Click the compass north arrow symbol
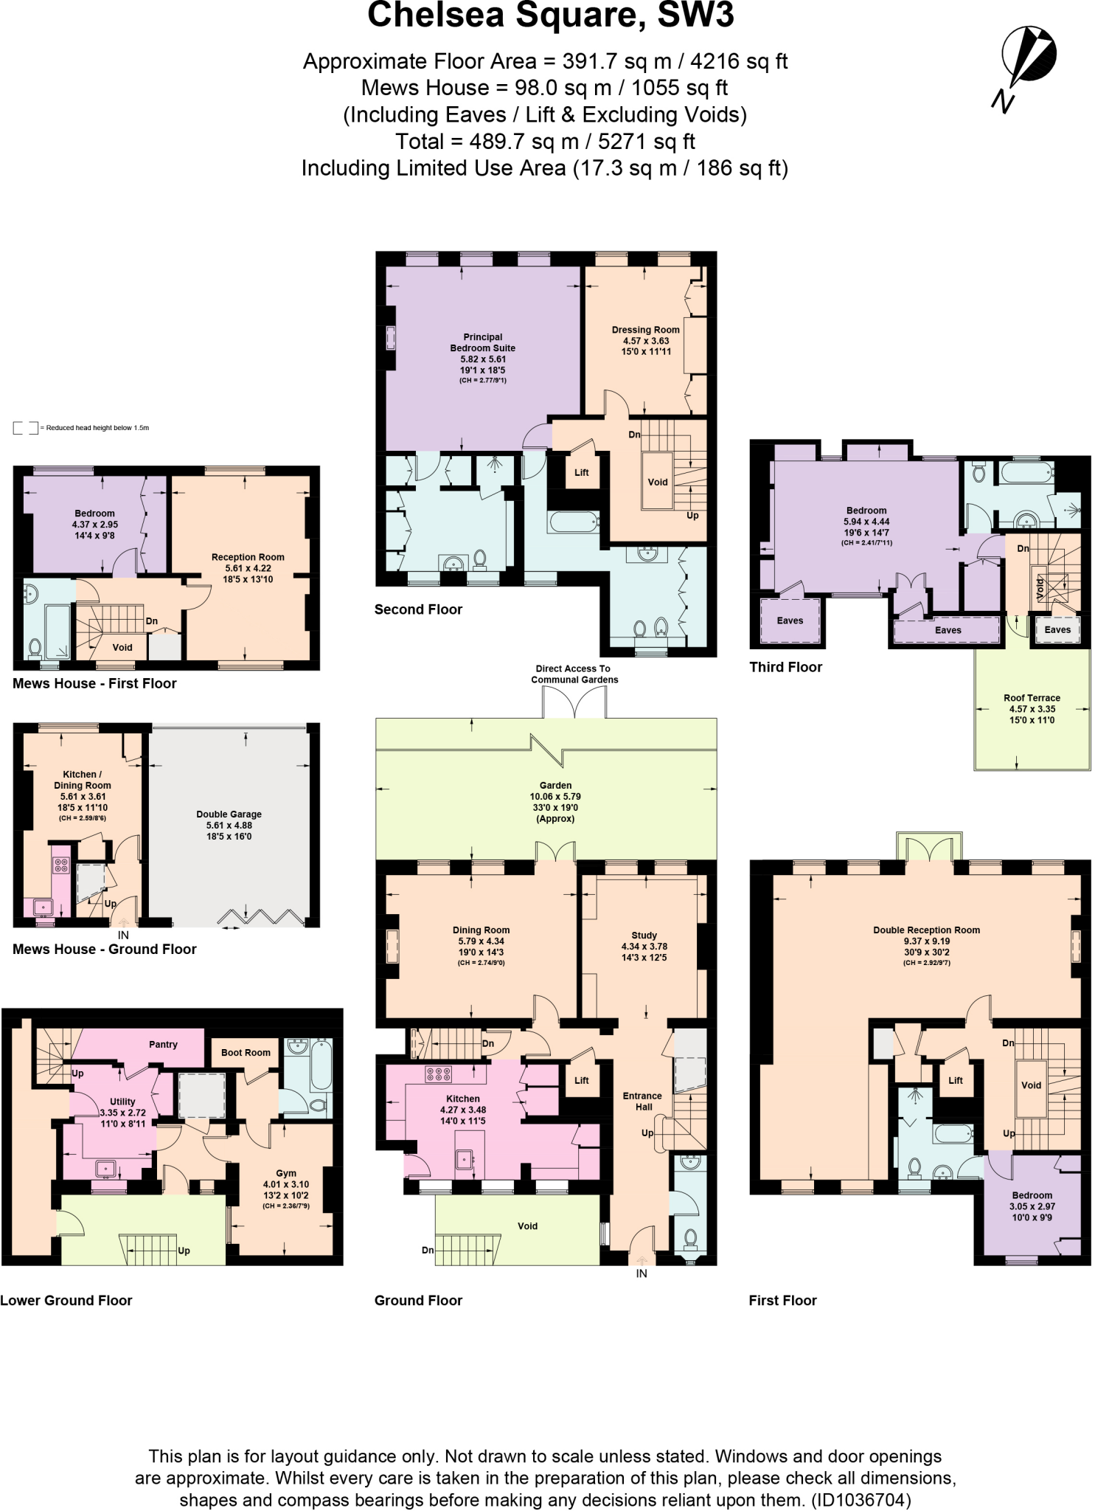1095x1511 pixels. (x=1027, y=59)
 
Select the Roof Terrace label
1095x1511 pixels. (x=1032, y=698)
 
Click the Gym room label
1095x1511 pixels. (x=286, y=1173)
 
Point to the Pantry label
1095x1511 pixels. (x=163, y=1045)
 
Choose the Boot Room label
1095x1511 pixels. (x=246, y=1053)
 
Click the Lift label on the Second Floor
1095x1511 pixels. (x=582, y=473)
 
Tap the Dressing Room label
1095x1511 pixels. (x=645, y=331)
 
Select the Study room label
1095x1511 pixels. (x=644, y=936)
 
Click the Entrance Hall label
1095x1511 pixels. (x=643, y=1102)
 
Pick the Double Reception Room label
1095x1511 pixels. (x=926, y=930)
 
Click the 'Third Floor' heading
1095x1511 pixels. (x=785, y=667)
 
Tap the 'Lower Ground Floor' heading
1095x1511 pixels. (x=66, y=1301)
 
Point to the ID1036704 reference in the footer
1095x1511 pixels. (x=861, y=1500)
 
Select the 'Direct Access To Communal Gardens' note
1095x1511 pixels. (x=574, y=674)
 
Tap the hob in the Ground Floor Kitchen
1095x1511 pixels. (x=438, y=1074)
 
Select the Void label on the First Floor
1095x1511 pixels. (x=1031, y=1085)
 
